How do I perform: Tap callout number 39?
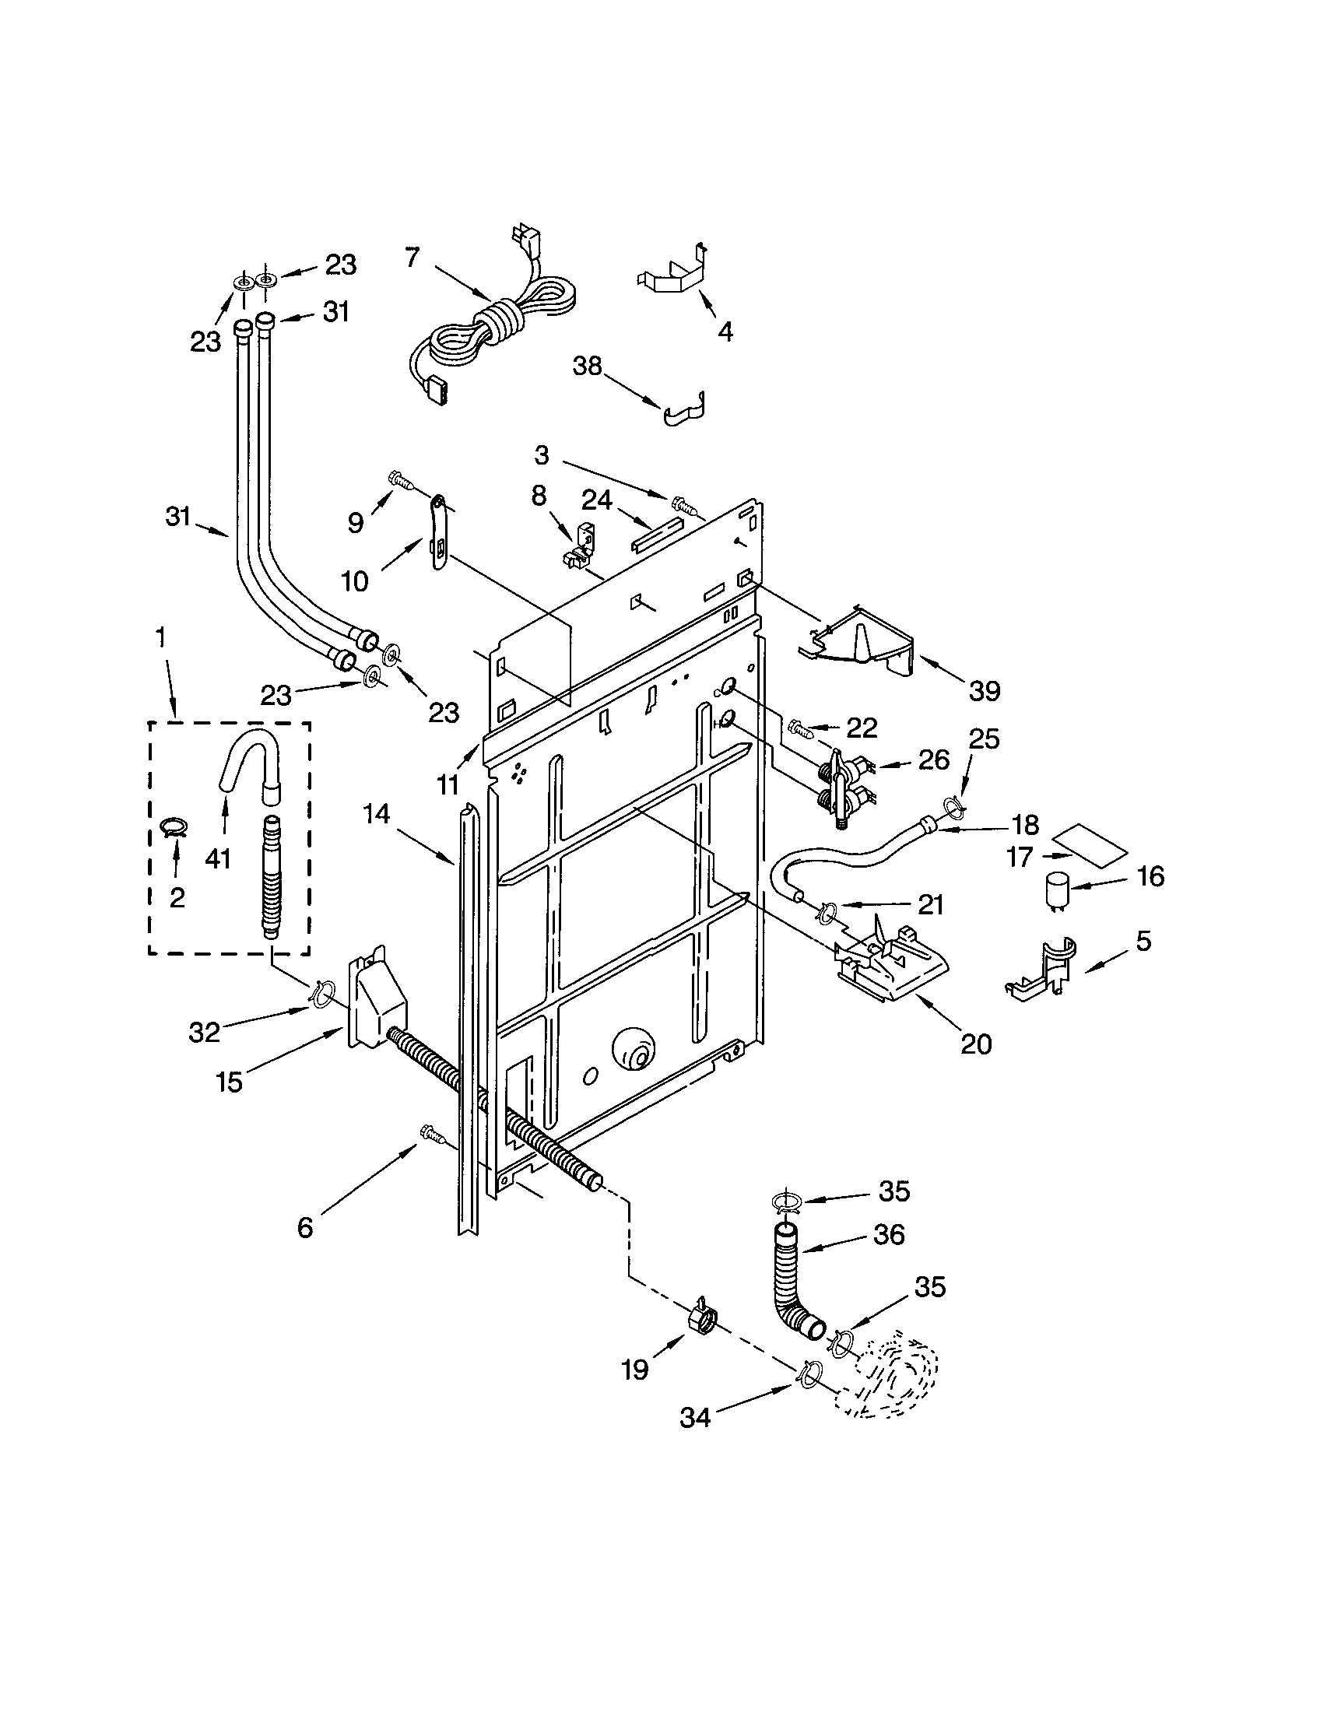984,690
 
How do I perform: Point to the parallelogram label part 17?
1090,845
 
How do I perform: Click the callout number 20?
976,1044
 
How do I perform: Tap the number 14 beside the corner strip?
375,815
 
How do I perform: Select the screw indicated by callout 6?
430,1132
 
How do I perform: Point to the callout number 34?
694,1417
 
